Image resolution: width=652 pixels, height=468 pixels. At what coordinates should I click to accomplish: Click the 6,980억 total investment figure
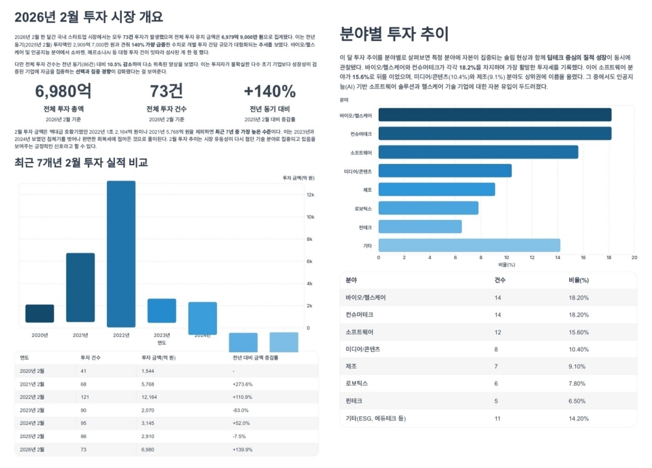click(x=63, y=91)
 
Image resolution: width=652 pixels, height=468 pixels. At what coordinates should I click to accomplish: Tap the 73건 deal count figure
click(x=166, y=91)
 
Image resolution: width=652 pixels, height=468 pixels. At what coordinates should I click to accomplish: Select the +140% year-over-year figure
click(x=269, y=91)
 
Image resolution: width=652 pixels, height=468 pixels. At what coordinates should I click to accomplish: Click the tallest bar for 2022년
click(x=121, y=254)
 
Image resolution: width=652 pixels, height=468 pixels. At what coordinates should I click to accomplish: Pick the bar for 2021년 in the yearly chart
click(x=80, y=287)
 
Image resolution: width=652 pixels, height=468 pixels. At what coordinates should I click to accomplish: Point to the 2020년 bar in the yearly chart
click(x=40, y=313)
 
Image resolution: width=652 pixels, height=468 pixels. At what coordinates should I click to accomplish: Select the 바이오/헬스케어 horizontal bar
click(x=495, y=115)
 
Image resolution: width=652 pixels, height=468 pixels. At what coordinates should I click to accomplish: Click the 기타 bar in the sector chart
click(x=469, y=245)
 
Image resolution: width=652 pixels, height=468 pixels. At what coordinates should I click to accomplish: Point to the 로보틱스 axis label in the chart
click(x=363, y=208)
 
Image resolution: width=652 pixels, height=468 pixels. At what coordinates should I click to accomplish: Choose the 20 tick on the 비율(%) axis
click(x=634, y=258)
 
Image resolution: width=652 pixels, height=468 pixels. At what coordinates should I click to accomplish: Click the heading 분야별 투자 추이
click(x=394, y=33)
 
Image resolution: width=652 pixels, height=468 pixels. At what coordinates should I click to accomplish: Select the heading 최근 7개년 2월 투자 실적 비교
click(x=81, y=163)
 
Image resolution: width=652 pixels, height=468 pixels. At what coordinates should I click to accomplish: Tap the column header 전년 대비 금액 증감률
click(x=255, y=358)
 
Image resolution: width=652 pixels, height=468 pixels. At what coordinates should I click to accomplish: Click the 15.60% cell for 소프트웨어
click(x=579, y=332)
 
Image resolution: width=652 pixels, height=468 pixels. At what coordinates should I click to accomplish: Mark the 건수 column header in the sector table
click(x=501, y=280)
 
